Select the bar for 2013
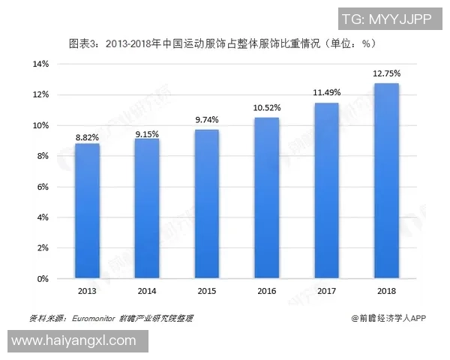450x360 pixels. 87,211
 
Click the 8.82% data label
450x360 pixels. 87,137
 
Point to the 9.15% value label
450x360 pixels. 147,133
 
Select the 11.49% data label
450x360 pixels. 327,92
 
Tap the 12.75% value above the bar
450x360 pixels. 387,73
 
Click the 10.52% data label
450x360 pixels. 267,107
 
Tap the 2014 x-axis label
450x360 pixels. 147,290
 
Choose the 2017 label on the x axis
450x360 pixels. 327,290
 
